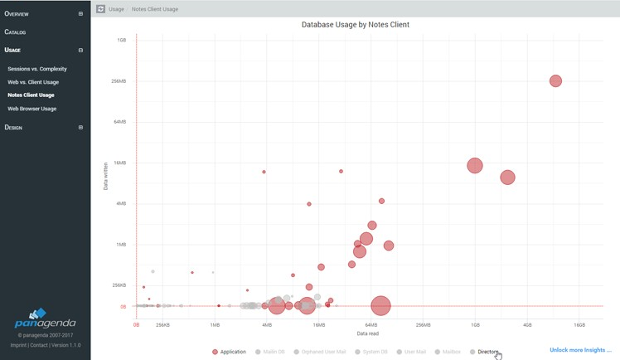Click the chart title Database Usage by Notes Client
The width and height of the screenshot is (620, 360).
pos(355,25)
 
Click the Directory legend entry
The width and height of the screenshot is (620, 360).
pos(487,352)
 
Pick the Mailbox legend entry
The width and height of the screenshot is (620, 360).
pos(451,352)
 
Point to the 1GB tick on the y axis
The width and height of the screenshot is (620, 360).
pos(122,40)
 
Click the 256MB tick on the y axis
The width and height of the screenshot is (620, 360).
pos(119,81)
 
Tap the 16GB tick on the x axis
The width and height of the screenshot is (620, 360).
pos(579,325)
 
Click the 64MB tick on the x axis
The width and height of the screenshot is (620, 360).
pos(371,325)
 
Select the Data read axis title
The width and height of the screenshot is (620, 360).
pos(368,333)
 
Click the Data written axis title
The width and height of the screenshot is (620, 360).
pos(105,175)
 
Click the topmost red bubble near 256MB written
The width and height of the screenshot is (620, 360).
pos(555,80)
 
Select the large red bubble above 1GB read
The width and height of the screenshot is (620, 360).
pos(474,166)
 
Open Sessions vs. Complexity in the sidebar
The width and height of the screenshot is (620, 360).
pos(37,69)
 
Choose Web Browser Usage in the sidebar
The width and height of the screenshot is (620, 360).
pos(32,109)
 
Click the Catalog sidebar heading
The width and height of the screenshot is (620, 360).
pos(16,32)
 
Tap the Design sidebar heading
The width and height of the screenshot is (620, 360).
pos(13,128)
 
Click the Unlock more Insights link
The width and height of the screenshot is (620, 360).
pos(580,350)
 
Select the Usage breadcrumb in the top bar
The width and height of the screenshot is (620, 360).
pos(116,9)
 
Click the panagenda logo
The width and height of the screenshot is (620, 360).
pos(45,320)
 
